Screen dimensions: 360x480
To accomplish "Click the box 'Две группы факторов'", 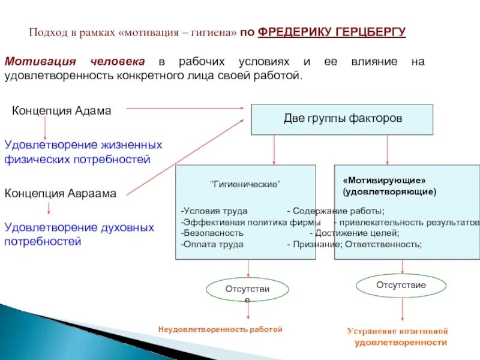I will pyautogui.click(x=342, y=119).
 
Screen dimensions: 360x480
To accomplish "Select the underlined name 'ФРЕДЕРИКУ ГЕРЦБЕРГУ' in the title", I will pyautogui.click(x=332, y=32).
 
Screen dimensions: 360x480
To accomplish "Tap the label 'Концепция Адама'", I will pyautogui.click(x=62, y=111).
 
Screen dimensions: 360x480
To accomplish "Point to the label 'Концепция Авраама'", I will pyautogui.click(x=61, y=193).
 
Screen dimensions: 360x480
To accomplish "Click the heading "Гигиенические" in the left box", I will pyautogui.click(x=245, y=184).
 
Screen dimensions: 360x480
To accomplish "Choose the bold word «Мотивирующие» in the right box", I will pyautogui.click(x=384, y=180).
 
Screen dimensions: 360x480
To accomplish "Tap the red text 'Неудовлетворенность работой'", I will pyautogui.click(x=220, y=329).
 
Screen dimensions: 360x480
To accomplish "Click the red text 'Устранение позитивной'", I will pyautogui.click(x=398, y=331).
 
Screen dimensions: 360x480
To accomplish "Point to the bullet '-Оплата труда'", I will pyautogui.click(x=212, y=244).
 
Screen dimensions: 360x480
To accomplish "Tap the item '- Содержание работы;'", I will pyautogui.click(x=336, y=211).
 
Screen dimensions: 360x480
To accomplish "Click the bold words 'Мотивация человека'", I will pyautogui.click(x=75, y=62).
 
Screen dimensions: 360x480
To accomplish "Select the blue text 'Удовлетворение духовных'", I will pyautogui.click(x=79, y=228).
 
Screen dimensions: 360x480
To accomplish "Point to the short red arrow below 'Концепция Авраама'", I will pyautogui.click(x=49, y=209).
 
